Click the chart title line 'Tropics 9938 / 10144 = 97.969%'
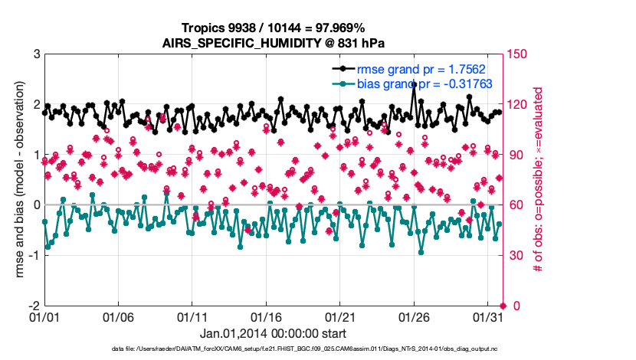coord(273,28)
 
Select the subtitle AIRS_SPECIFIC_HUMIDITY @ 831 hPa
coord(273,43)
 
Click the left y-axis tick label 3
coord(37,54)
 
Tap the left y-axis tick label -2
coord(34,305)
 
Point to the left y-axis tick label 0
coord(37,205)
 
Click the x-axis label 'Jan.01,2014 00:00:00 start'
coord(273,334)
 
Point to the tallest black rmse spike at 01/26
coord(415,83)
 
